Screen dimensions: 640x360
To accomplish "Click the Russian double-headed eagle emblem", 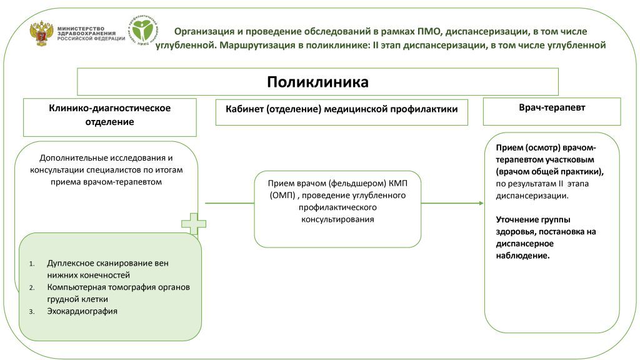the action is pos(42,34).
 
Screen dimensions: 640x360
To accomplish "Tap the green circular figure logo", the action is pos(143,29).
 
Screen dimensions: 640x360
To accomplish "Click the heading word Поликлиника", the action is pos(317,82).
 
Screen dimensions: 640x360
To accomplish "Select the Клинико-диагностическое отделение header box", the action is pos(110,117).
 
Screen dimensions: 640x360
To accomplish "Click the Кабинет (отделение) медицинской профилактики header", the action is pos(342,109).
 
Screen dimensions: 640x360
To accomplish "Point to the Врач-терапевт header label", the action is pos(552,107).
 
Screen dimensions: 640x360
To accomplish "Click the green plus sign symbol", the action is pos(194,223).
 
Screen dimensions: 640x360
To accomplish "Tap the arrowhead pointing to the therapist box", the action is pos(481,203).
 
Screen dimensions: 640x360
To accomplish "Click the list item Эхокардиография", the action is pos(82,311).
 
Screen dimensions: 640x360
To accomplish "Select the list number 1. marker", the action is pos(32,264).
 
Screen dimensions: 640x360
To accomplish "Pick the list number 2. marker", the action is pos(32,287).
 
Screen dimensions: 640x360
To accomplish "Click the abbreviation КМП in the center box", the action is pos(398,183).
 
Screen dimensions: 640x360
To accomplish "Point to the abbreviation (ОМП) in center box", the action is pos(282,195).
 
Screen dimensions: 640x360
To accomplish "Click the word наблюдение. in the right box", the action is pos(523,256).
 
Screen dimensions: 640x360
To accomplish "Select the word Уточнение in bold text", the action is pos(515,219).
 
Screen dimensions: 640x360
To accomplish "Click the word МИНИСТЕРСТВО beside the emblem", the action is pos(81,29).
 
